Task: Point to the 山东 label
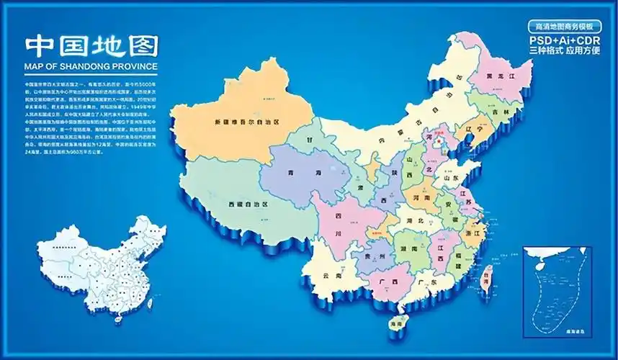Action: [x=451, y=176]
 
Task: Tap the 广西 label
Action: [x=387, y=283]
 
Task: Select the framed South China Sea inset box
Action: [x=558, y=289]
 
